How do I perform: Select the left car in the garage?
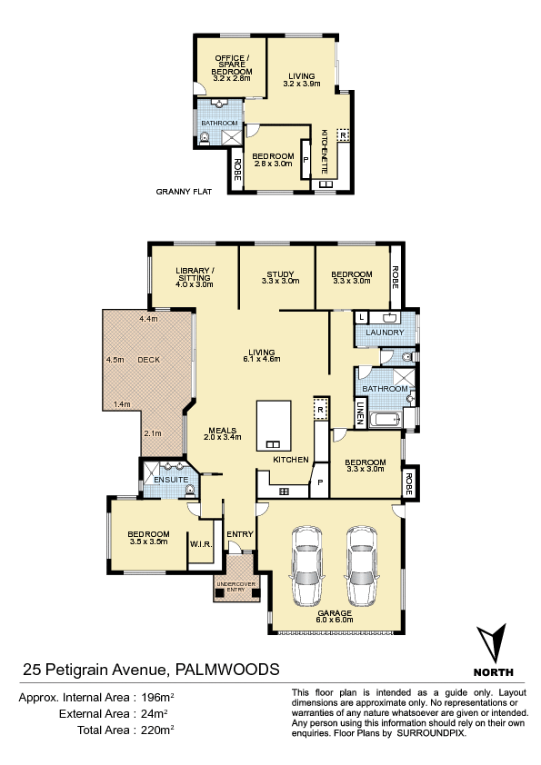tap(306, 566)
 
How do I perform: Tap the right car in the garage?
tap(362, 566)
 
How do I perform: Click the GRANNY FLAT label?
tap(184, 192)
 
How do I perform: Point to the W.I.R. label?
tap(201, 544)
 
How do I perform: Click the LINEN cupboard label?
tap(360, 412)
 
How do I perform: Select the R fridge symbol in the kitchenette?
tap(344, 134)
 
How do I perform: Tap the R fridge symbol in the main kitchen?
tap(320, 410)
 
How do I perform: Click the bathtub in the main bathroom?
tap(386, 420)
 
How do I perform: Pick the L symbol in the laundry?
tap(361, 317)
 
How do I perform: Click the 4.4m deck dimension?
tap(148, 319)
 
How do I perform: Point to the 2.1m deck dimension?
tap(153, 433)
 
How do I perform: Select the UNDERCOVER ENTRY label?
tap(235, 587)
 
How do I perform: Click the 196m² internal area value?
tap(157, 697)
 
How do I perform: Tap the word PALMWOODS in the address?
tap(227, 669)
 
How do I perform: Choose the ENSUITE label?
tap(171, 480)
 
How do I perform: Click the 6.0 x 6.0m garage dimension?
tap(335, 620)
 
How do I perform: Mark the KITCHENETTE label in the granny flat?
tap(325, 151)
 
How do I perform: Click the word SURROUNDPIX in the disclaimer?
tap(431, 733)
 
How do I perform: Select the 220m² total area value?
tap(157, 730)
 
